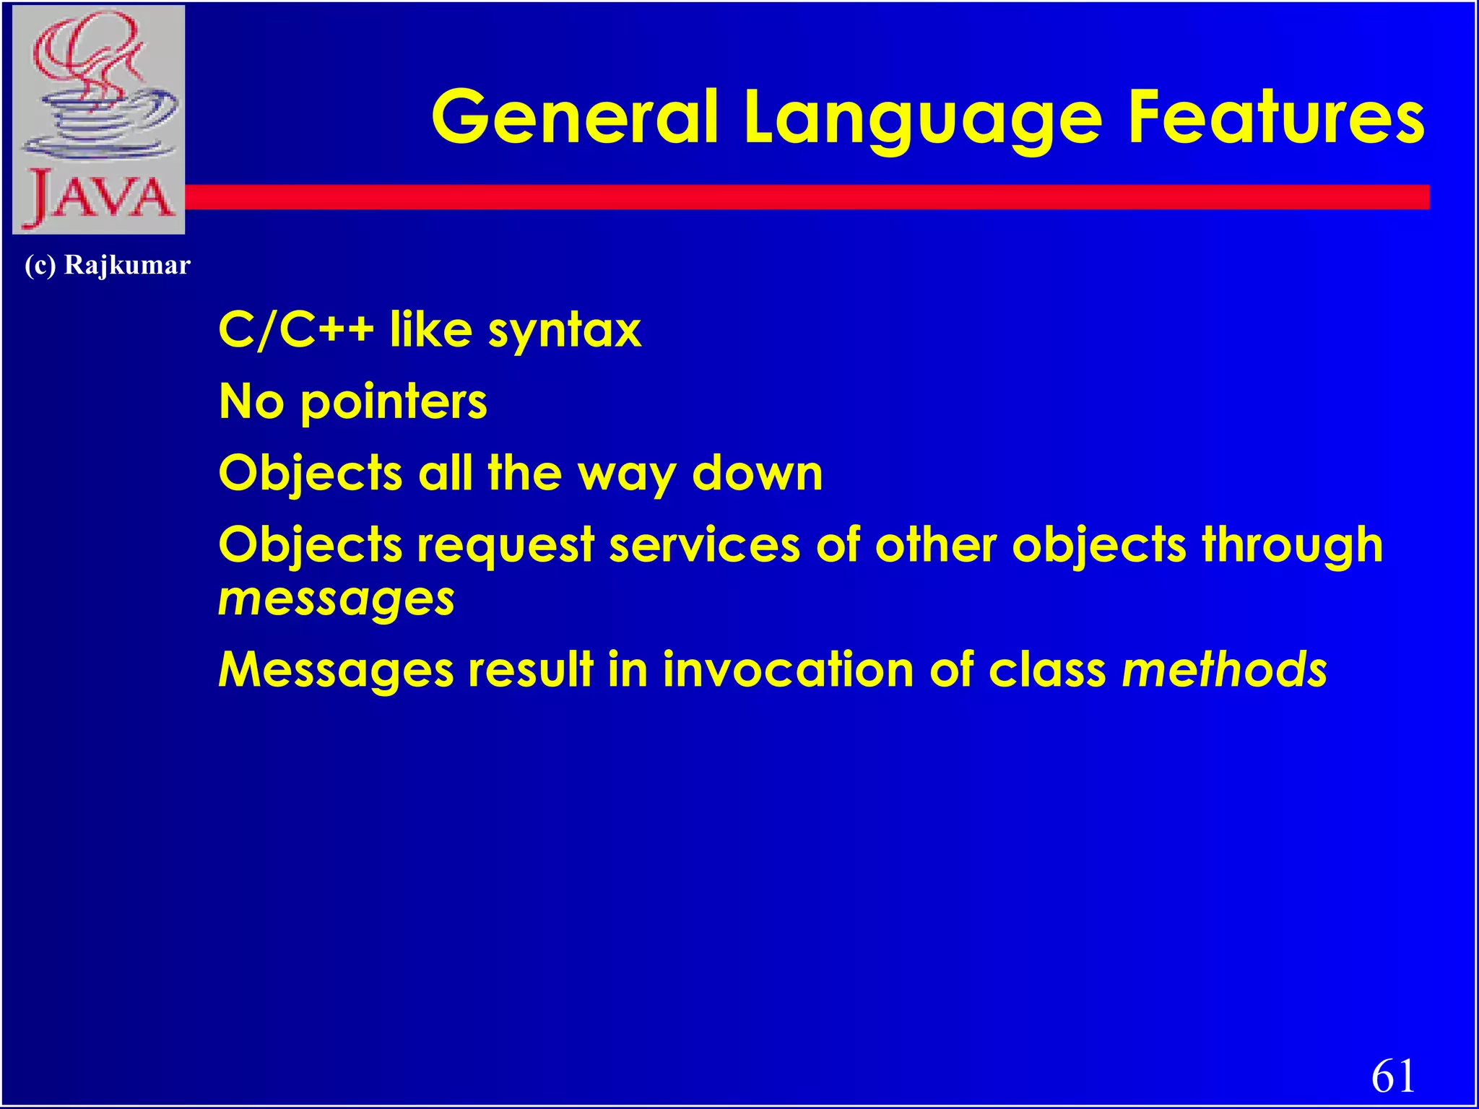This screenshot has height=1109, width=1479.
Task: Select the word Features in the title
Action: click(x=1276, y=117)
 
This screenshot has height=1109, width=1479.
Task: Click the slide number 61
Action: click(x=1393, y=1076)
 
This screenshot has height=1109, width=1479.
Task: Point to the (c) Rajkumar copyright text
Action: click(x=108, y=265)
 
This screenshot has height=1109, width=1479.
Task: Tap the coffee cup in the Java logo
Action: click(x=101, y=119)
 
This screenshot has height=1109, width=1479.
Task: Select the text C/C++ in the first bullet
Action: click(x=295, y=329)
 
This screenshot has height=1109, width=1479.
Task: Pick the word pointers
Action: click(x=394, y=402)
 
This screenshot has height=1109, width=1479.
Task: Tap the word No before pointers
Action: click(x=251, y=401)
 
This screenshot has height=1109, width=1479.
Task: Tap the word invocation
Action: click(x=788, y=669)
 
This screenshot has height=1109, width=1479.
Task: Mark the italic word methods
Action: click(x=1224, y=669)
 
